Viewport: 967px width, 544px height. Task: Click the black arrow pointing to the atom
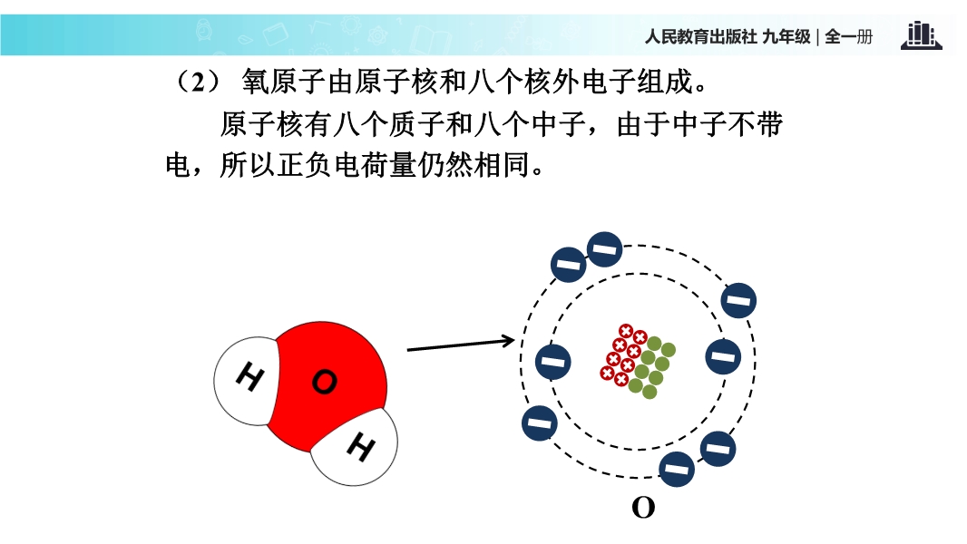coord(461,345)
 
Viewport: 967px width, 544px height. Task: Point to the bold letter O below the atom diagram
coord(643,508)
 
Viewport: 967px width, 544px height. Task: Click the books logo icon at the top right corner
coord(921,36)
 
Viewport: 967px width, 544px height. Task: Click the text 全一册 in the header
coord(849,37)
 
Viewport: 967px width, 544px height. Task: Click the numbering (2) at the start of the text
coord(198,83)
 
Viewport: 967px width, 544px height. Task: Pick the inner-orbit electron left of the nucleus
coord(553,362)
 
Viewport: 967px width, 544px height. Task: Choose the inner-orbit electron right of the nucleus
coord(722,355)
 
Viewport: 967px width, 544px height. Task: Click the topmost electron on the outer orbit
coord(605,248)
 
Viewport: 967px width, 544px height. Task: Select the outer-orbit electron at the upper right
coord(739,299)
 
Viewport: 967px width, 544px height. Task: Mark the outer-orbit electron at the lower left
coord(540,423)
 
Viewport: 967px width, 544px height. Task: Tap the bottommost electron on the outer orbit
coord(676,469)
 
